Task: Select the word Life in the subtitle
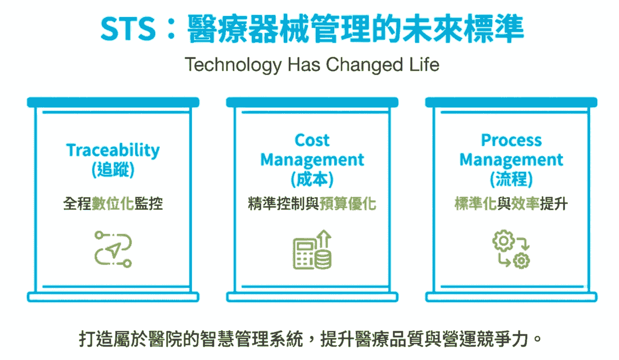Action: click(x=424, y=66)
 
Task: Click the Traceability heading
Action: click(x=113, y=150)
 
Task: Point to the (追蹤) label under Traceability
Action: click(x=113, y=170)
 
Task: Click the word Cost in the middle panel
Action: click(x=312, y=140)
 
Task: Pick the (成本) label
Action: click(x=312, y=180)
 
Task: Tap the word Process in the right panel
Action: click(x=511, y=140)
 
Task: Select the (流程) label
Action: click(x=511, y=180)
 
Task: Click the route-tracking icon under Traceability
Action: click(x=113, y=249)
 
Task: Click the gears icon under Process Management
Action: click(x=511, y=250)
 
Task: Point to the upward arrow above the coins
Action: click(x=325, y=239)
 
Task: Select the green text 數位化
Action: click(x=113, y=204)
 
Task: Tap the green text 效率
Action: click(x=526, y=204)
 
